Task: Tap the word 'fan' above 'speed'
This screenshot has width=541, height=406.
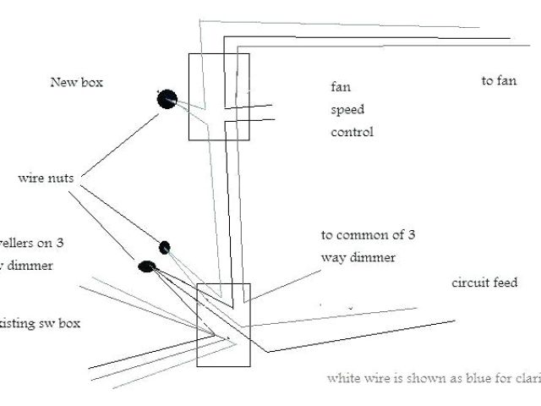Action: [x=340, y=86]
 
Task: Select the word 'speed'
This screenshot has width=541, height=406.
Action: [x=347, y=110]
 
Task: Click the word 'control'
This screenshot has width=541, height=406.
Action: [x=352, y=132]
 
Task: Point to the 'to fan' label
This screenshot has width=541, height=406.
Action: [x=499, y=80]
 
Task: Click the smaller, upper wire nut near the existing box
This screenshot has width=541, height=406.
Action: [x=165, y=247]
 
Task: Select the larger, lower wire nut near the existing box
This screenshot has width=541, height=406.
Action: [x=146, y=266]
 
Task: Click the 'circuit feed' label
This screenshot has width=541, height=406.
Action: [x=484, y=283]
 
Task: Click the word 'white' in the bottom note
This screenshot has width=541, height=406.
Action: [x=343, y=378]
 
